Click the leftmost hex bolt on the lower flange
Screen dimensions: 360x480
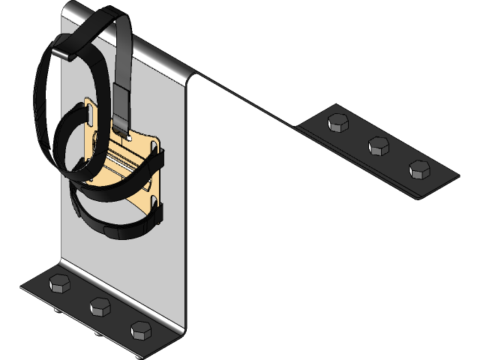(58, 283)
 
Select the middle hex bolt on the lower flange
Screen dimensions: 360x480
(100, 306)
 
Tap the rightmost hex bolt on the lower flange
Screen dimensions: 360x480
(140, 328)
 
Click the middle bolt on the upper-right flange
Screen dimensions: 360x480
(379, 145)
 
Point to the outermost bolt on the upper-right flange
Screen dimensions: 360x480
(420, 169)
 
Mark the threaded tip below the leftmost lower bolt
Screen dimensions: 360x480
(59, 307)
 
